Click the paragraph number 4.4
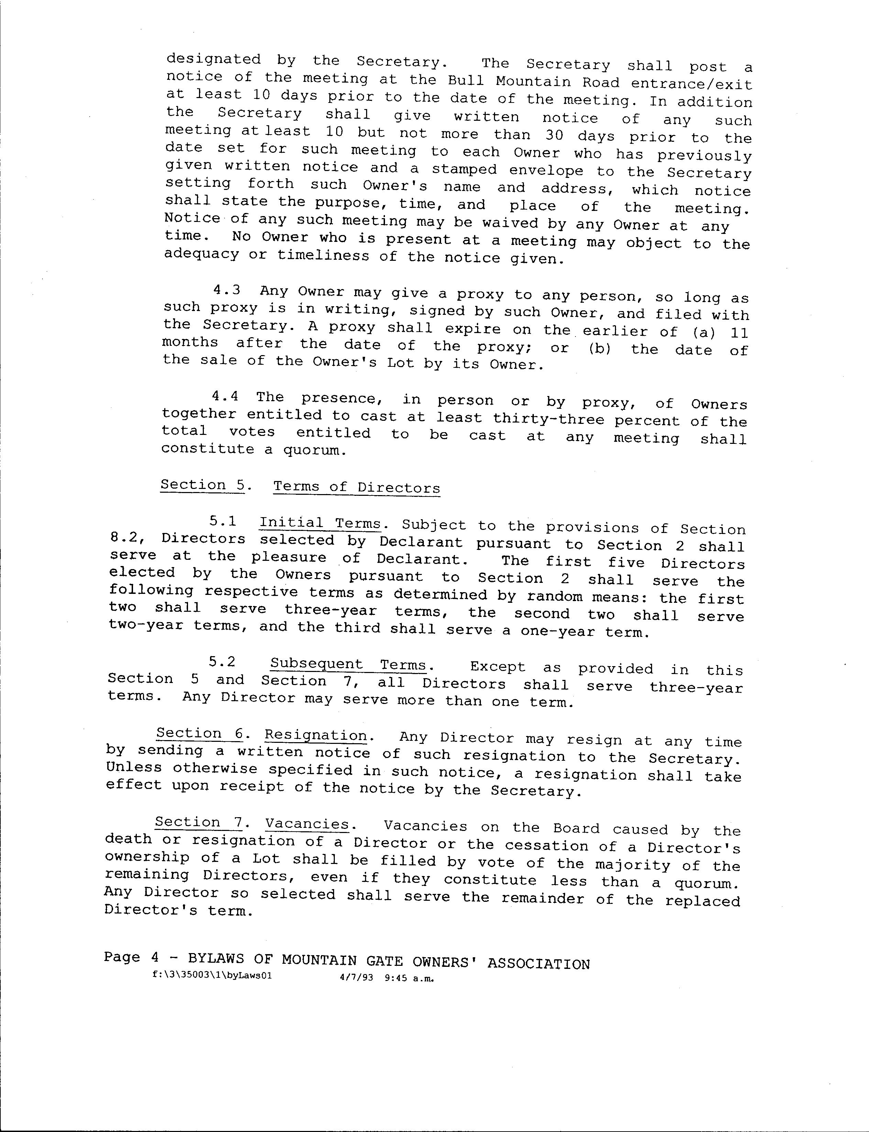225,396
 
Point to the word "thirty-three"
548,418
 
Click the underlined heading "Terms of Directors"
356,487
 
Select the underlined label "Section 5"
202,485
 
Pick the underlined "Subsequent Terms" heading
349,664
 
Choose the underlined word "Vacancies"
307,823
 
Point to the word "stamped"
464,170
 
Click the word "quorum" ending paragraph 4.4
312,450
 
